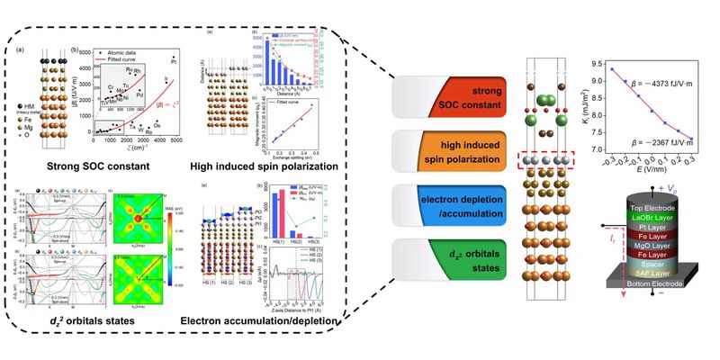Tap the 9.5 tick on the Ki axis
[x=598, y=61]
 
